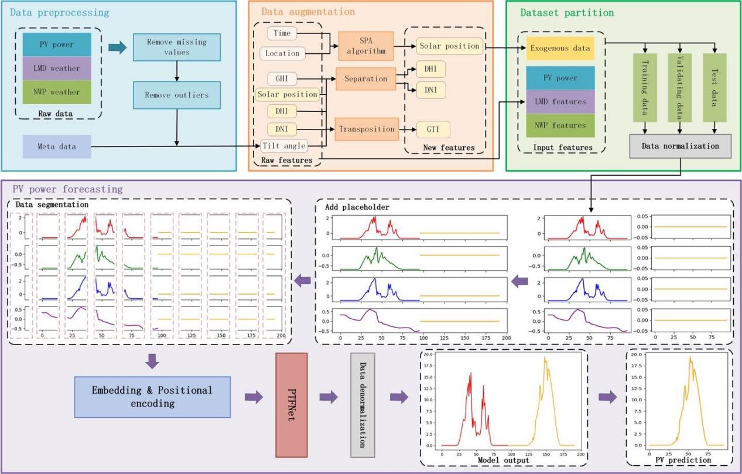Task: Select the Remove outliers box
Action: tap(176, 94)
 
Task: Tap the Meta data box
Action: tap(57, 146)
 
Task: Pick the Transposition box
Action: tap(366, 129)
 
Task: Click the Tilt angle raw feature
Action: tap(283, 146)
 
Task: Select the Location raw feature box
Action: tap(283, 53)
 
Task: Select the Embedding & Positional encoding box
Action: tap(152, 397)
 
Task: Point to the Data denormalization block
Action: tap(363, 405)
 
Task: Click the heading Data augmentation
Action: tap(307, 12)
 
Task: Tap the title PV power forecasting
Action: tap(67, 189)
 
